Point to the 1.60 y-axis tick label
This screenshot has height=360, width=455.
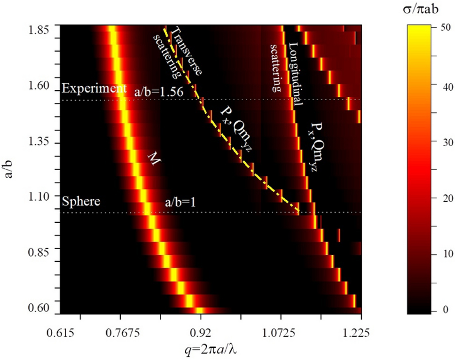pos(39,86)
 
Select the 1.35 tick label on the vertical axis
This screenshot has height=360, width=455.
pos(39,143)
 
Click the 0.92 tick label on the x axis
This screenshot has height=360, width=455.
pos(200,334)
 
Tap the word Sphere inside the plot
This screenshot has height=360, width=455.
pos(81,202)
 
